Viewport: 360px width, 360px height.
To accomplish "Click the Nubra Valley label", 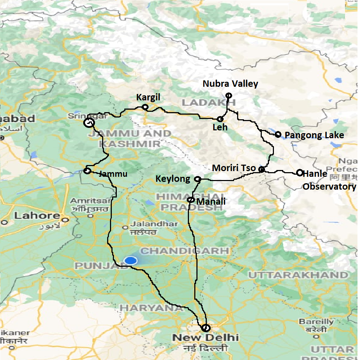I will click(x=230, y=84).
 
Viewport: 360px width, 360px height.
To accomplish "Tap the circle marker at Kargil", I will click(x=145, y=107).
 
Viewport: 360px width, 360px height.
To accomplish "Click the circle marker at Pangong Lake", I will click(x=278, y=134).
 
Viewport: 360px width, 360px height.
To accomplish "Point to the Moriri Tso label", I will click(x=234, y=168).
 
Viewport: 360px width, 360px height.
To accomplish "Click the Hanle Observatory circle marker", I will click(x=299, y=172).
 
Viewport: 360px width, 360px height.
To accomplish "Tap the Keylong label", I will click(x=173, y=179).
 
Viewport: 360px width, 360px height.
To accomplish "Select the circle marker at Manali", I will click(x=191, y=200).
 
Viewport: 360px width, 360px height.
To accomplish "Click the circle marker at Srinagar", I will click(x=89, y=123).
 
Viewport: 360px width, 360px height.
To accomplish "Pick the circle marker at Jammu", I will click(x=87, y=171).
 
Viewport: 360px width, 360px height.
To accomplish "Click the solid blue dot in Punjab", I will click(x=131, y=261).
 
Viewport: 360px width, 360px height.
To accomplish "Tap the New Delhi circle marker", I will click(x=205, y=327).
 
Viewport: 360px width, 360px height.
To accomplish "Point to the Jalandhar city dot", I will click(x=125, y=227).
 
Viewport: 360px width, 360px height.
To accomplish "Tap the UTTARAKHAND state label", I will click(x=298, y=275).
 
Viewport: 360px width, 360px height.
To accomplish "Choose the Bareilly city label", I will click(x=316, y=322).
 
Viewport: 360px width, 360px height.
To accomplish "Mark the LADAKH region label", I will click(x=209, y=103).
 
